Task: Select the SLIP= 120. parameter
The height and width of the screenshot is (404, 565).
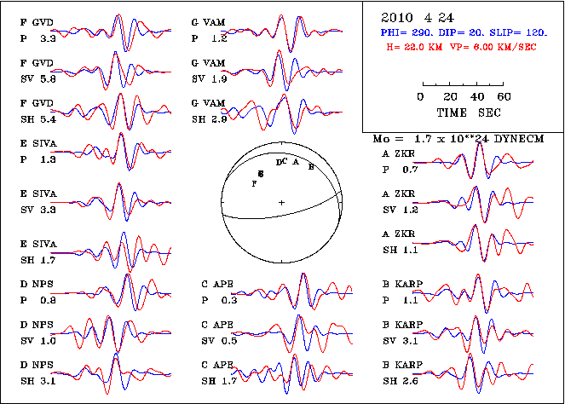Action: [522, 32]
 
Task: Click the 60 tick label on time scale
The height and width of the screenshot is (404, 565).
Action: [504, 96]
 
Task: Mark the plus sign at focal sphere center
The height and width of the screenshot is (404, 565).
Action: [282, 202]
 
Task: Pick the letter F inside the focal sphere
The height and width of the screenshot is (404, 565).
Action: [253, 183]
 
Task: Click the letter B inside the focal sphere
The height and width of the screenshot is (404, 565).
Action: [312, 167]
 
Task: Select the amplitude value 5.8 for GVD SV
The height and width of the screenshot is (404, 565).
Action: [48, 78]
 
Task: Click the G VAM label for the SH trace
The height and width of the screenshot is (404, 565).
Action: [208, 103]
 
